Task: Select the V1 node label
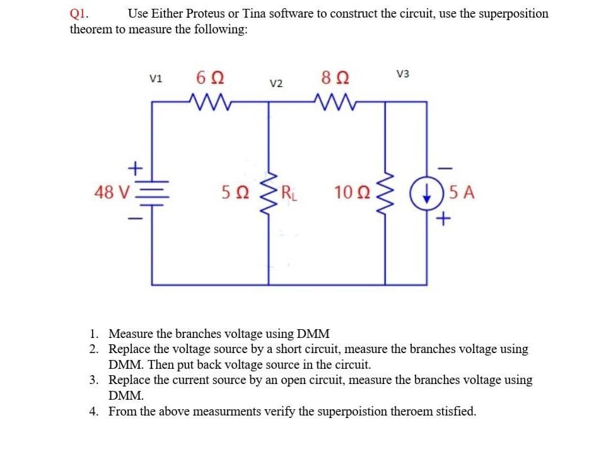[156, 79]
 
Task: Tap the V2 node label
[276, 83]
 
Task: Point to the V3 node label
[403, 74]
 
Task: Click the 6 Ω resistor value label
[209, 80]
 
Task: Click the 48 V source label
[111, 192]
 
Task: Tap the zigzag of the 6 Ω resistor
[207, 102]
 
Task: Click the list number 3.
[93, 380]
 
